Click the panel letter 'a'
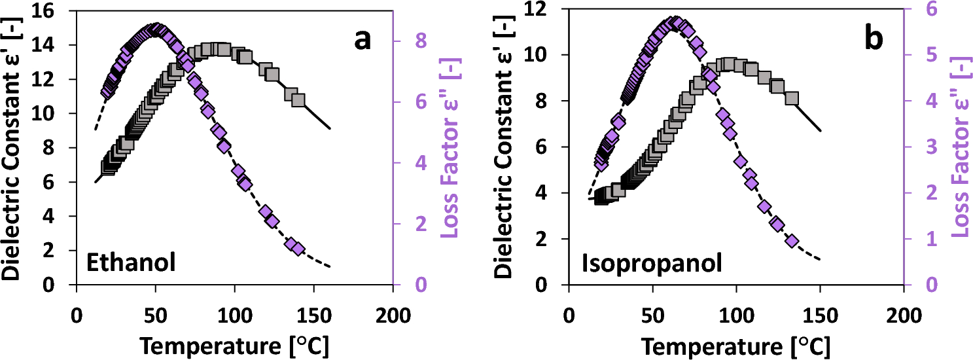(x=363, y=41)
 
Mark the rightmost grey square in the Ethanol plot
(x=298, y=100)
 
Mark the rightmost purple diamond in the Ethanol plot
(x=298, y=249)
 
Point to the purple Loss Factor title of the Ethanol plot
(x=451, y=147)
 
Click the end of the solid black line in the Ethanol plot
(x=330, y=128)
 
